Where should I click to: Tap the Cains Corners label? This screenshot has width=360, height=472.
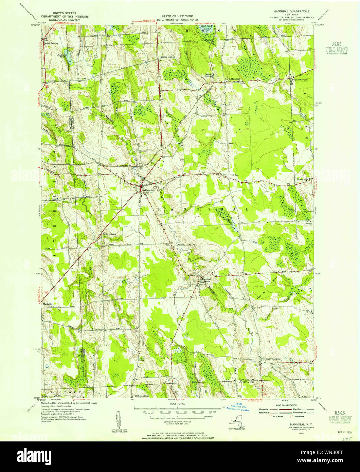point(107,234)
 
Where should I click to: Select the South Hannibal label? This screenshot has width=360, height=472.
point(273,359)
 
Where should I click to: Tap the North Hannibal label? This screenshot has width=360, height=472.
point(232,79)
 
